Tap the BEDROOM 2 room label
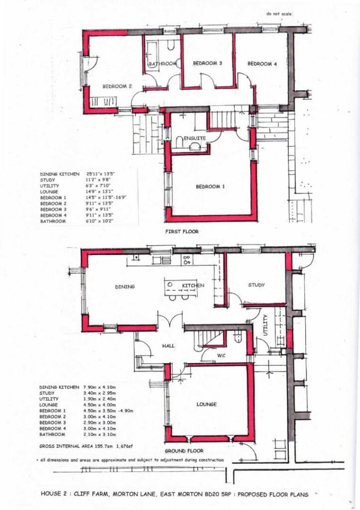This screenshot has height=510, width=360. [117, 86]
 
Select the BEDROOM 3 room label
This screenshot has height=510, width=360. [207, 63]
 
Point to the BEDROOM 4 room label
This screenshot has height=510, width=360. [262, 63]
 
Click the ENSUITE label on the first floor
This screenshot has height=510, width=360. [194, 138]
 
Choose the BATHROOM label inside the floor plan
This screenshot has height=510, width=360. [163, 64]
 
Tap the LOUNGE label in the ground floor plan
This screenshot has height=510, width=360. [206, 404]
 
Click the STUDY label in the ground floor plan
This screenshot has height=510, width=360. [256, 285]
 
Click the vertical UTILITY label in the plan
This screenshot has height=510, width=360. [265, 325]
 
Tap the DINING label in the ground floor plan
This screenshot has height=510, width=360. [125, 286]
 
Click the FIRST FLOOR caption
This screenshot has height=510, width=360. [182, 232]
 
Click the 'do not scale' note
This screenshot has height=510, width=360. [279, 14]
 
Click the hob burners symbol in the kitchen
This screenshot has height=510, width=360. [187, 259]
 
